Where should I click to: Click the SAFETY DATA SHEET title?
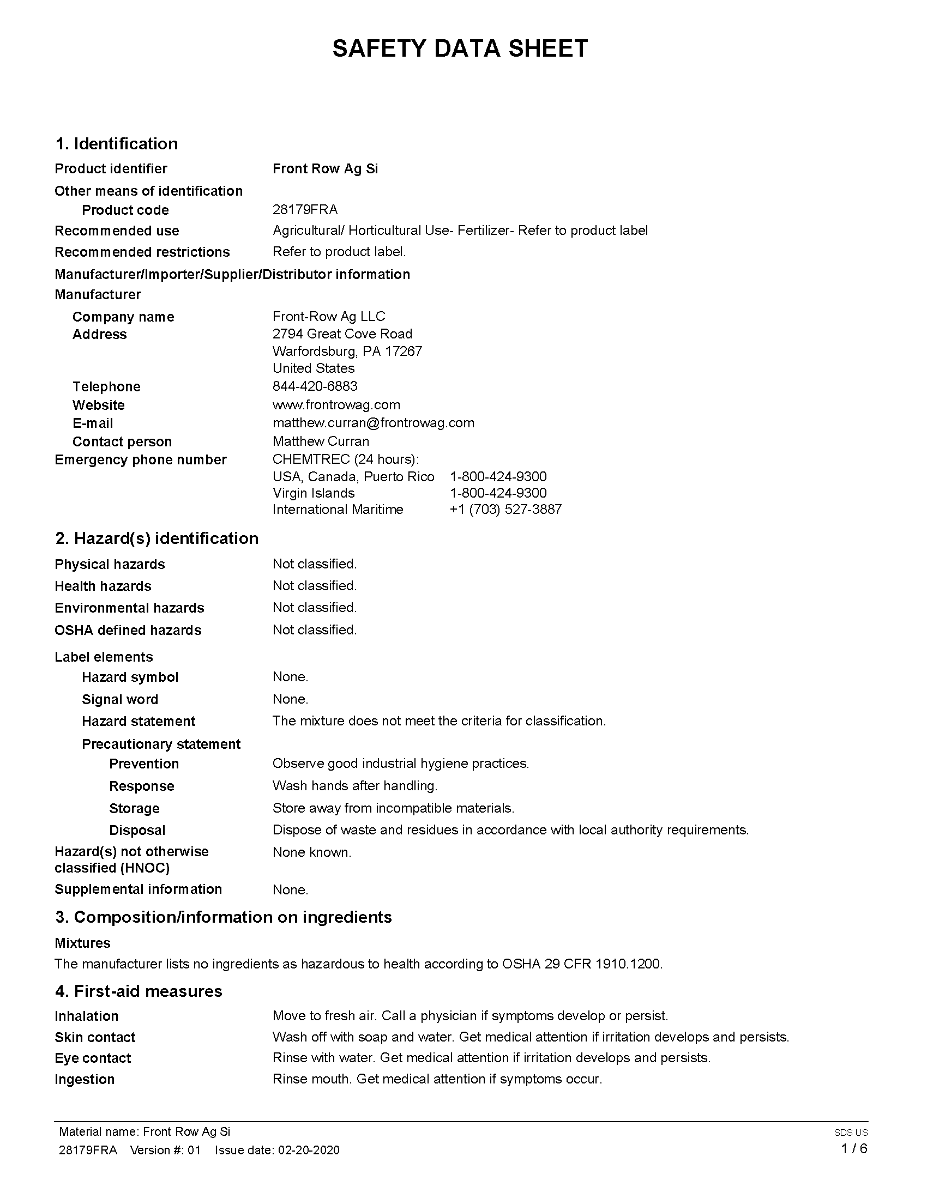(x=460, y=49)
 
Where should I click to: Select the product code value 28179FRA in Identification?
(x=305, y=210)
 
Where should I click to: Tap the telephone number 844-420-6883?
(x=315, y=386)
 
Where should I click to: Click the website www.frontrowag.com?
(x=336, y=404)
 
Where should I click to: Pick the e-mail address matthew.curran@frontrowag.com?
(x=374, y=423)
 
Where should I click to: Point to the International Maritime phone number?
(x=505, y=510)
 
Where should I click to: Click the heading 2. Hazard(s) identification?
(x=156, y=538)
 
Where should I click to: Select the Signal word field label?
(x=120, y=699)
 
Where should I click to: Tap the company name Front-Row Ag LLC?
(x=328, y=316)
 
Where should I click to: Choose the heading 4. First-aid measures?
(x=139, y=991)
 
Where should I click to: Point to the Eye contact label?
(x=93, y=1058)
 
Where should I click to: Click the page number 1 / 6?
(x=854, y=1148)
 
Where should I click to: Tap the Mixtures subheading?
(x=82, y=943)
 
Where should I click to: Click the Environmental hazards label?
(x=129, y=608)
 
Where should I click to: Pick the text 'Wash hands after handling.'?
(x=355, y=785)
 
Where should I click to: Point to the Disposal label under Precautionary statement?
(x=137, y=830)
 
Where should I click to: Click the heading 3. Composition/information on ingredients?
(x=223, y=917)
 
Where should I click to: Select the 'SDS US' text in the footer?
(x=851, y=1133)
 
